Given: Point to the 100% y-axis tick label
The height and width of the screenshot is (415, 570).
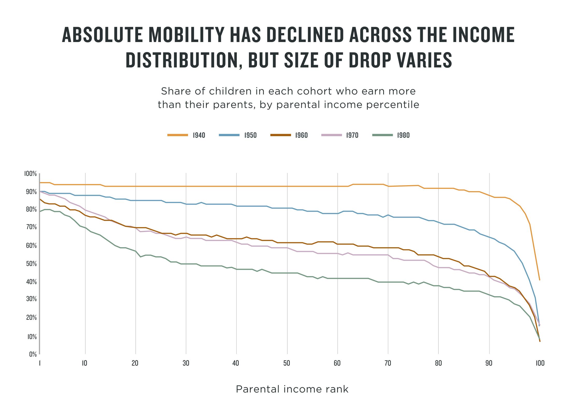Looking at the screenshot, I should [x=31, y=174].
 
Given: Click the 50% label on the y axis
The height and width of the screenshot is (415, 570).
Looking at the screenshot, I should [x=31, y=264].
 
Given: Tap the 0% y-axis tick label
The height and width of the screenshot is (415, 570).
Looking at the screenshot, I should [x=33, y=354].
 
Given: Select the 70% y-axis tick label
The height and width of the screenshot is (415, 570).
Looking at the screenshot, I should [x=31, y=227].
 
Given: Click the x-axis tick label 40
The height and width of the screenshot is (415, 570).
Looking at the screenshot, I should [x=236, y=363].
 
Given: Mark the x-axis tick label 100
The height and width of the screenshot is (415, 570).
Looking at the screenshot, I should [x=540, y=363].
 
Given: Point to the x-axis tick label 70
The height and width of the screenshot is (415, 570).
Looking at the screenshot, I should [x=388, y=363].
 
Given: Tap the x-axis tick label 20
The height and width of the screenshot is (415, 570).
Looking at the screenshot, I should [x=135, y=363].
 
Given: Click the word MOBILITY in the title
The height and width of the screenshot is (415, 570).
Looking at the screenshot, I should [x=186, y=35].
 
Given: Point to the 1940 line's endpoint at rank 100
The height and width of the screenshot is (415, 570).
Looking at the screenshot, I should [x=540, y=280].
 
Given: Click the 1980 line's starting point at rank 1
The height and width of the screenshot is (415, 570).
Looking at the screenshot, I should [x=40, y=212].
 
